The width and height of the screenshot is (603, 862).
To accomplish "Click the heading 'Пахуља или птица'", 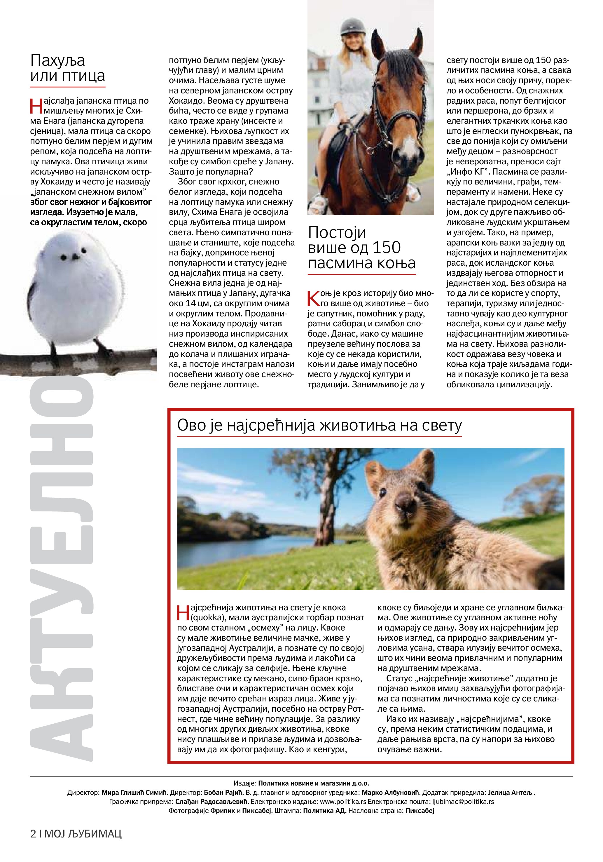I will click(x=68, y=68).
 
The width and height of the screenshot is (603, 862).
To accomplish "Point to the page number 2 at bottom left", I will click(x=33, y=844).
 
